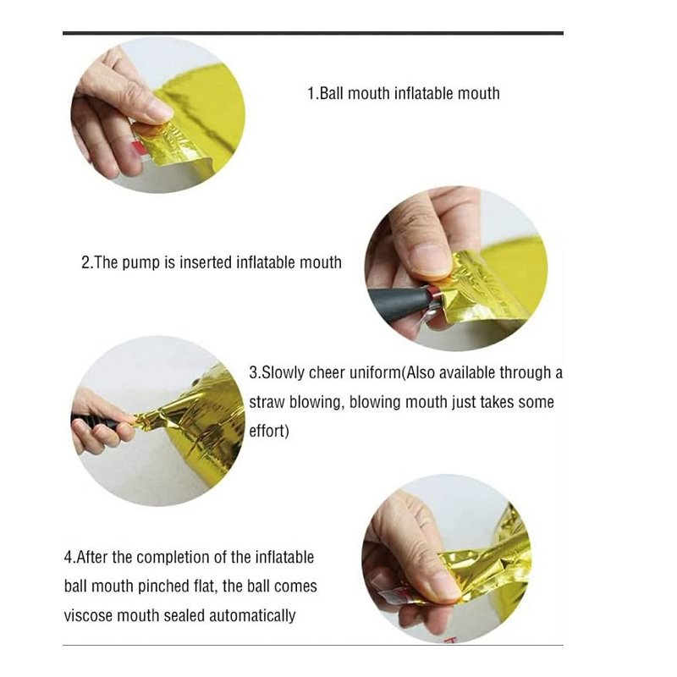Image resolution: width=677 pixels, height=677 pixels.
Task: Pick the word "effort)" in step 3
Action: [269, 431]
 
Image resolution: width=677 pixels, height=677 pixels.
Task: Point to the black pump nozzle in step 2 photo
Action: [398, 303]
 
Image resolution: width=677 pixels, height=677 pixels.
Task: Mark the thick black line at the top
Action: [313, 33]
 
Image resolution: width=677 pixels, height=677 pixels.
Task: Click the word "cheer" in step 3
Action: [327, 373]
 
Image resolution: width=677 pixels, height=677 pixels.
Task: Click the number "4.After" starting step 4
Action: [85, 558]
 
